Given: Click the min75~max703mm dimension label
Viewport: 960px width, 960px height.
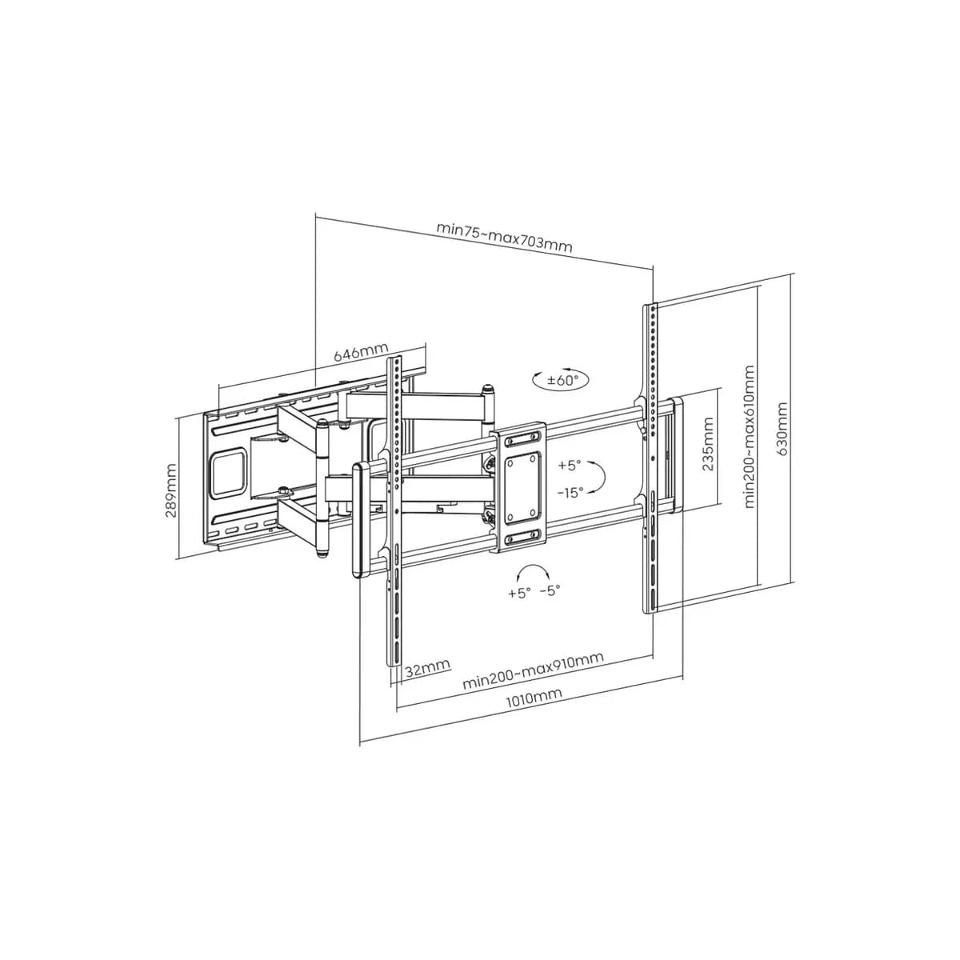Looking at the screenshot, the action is pos(504,237).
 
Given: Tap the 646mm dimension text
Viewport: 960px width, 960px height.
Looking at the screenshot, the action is pos(360,352).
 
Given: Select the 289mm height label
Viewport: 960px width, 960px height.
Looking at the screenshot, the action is pos(171,490).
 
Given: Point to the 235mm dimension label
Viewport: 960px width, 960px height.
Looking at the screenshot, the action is pos(707,443).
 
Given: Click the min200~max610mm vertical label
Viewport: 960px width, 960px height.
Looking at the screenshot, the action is pos(749,437).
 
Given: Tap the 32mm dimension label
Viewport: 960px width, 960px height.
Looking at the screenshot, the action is pos(427,667).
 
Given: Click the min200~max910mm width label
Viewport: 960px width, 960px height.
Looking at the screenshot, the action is pos(533,670).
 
